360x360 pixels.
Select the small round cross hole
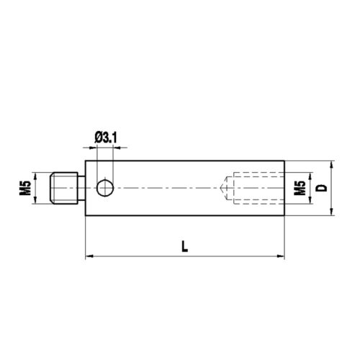click(x=105, y=188)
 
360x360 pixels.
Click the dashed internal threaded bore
click(x=256, y=188)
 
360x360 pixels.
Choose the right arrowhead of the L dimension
click(x=283, y=255)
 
